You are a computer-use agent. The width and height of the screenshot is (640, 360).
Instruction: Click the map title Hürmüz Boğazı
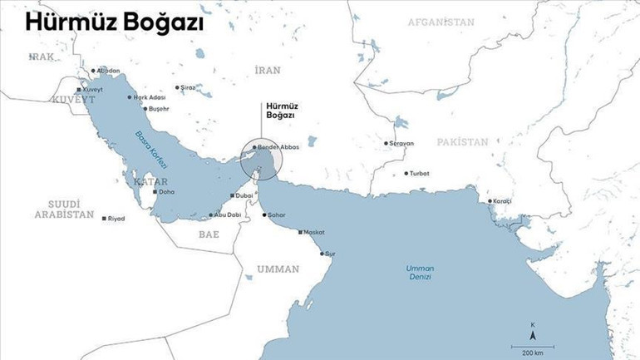click(115, 23)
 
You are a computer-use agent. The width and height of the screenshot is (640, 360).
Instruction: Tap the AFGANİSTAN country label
click(441, 22)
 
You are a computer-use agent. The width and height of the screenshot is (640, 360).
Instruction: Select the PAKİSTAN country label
click(463, 142)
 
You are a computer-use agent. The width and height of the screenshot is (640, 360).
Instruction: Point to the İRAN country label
click(268, 71)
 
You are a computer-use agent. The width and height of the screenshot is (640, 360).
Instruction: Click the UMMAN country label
click(278, 269)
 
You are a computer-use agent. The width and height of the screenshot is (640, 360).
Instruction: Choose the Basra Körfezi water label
click(150, 149)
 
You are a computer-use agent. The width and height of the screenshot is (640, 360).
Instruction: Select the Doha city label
click(166, 192)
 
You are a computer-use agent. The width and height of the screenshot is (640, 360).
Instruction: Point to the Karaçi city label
click(502, 201)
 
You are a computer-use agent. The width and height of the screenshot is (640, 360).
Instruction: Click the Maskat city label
click(313, 232)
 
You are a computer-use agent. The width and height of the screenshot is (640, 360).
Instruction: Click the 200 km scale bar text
click(532, 353)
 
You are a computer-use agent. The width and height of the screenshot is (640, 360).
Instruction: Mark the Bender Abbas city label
click(277, 147)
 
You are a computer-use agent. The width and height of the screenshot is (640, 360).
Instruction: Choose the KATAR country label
click(150, 181)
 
